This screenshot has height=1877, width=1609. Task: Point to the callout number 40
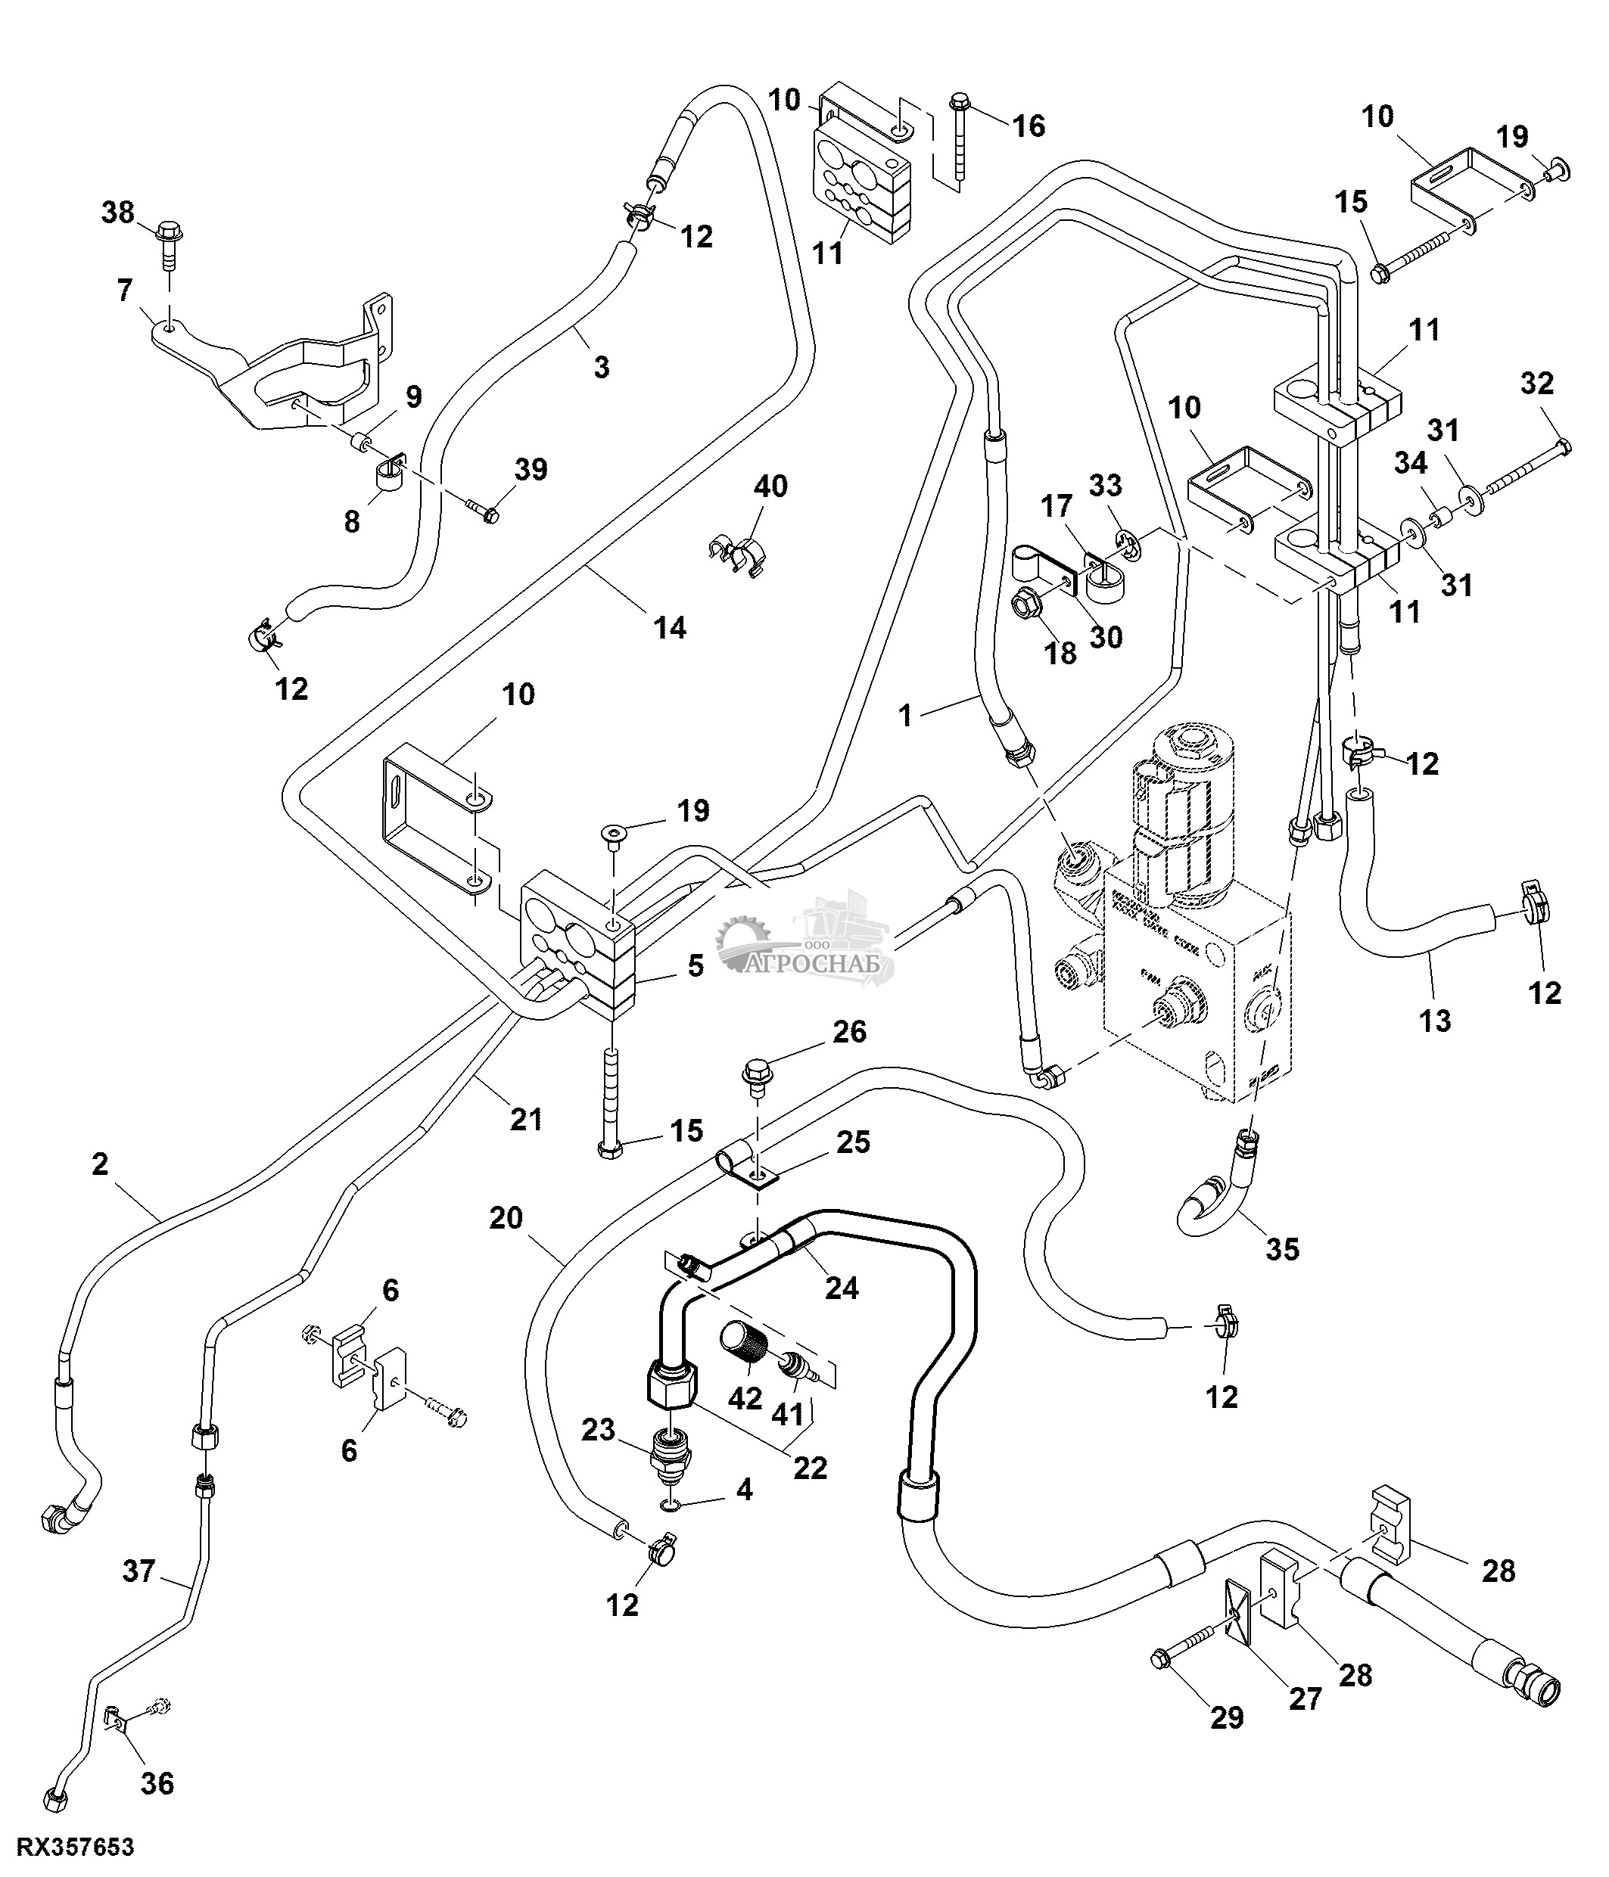770,486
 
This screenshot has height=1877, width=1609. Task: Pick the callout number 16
1029,125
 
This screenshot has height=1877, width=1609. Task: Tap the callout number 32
1536,384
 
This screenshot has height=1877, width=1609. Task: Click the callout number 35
1282,1249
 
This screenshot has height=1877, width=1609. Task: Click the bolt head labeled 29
1159,1660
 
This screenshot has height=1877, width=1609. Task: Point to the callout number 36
157,1784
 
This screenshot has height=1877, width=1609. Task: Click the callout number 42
745,1398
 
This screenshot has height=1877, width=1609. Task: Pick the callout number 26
849,1031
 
